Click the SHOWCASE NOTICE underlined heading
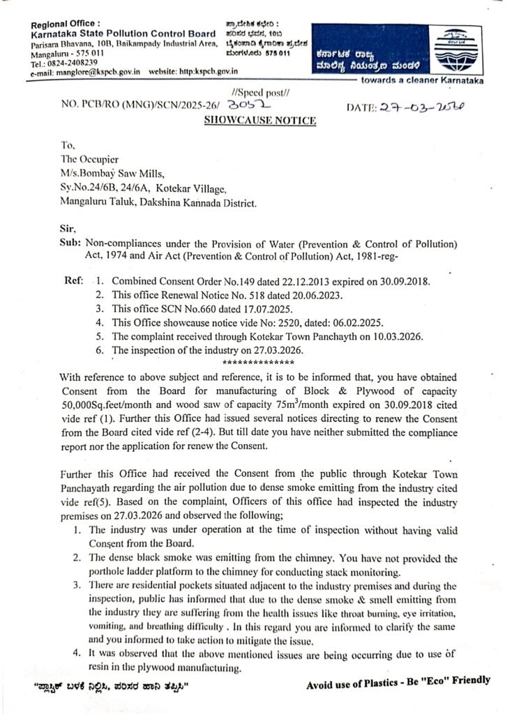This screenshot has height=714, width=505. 260,121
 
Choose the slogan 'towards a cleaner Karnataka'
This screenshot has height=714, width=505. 428,82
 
